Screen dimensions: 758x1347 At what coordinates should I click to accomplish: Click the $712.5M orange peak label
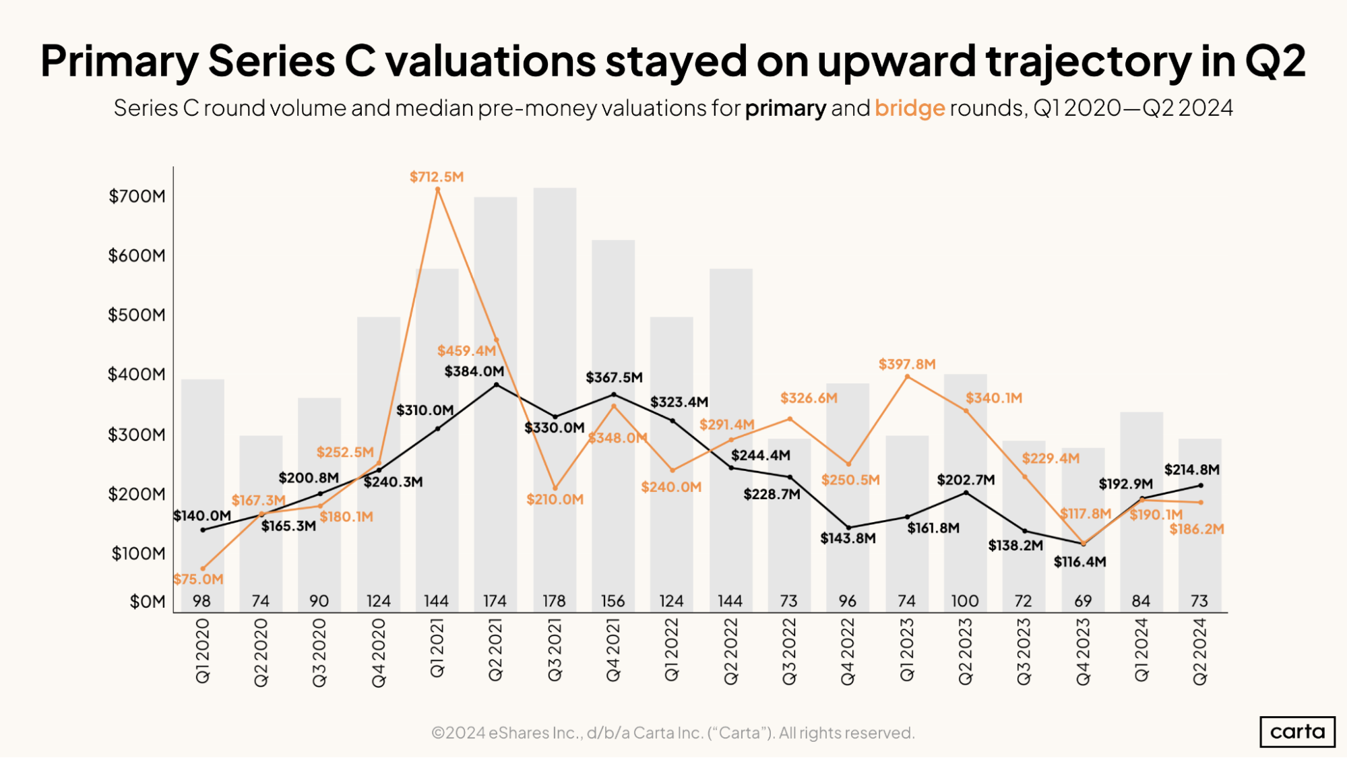tap(437, 177)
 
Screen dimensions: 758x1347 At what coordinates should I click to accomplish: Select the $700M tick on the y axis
tap(137, 196)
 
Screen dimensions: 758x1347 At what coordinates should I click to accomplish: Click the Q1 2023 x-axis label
tap(907, 651)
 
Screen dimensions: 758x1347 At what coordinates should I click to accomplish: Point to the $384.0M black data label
tap(474, 371)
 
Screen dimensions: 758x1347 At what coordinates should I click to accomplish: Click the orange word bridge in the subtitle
tap(910, 108)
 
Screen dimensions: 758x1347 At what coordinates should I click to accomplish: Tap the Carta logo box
tap(1297, 732)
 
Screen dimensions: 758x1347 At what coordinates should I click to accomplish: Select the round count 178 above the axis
tap(554, 601)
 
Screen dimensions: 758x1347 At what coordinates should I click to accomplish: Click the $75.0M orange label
tap(198, 579)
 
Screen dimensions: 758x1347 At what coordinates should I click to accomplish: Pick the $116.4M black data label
tap(1079, 562)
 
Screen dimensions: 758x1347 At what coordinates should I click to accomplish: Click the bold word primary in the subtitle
tap(785, 108)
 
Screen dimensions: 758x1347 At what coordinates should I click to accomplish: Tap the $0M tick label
tap(148, 602)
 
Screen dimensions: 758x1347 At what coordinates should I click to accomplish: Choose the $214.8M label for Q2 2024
tap(1191, 470)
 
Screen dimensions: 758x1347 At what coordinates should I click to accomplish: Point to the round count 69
tap(1082, 601)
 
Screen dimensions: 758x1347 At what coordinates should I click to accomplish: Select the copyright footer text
tap(672, 733)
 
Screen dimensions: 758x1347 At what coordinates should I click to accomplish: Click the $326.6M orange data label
tap(809, 398)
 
